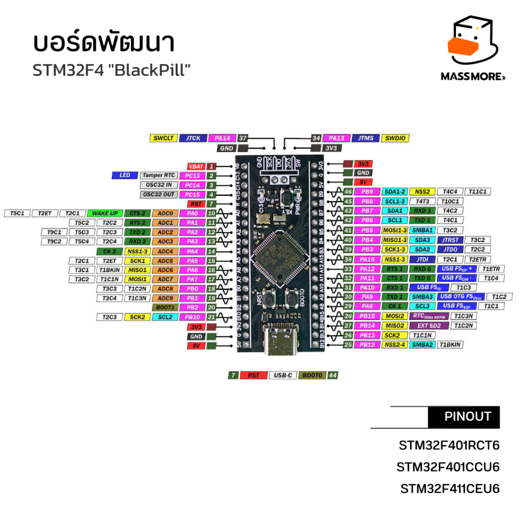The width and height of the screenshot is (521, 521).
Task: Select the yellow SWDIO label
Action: tap(395, 138)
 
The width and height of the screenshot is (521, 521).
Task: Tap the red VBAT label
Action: tap(196, 166)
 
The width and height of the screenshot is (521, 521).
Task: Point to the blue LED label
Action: tap(125, 176)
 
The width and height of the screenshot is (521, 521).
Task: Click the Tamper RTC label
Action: tap(159, 176)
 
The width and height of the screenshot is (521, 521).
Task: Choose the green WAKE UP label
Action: tap(105, 213)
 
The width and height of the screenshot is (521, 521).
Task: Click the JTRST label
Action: tap(451, 240)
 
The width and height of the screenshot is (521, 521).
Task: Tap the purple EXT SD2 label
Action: tap(429, 326)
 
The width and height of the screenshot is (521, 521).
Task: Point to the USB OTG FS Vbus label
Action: tap(460, 297)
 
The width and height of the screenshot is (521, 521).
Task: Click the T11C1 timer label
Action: tap(478, 192)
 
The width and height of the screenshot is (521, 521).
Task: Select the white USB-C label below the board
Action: tap(282, 375)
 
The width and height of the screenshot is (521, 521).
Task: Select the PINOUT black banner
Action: tap(464, 417)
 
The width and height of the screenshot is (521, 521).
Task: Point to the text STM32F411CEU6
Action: tap(450, 489)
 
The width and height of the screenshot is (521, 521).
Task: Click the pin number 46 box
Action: tap(349, 192)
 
